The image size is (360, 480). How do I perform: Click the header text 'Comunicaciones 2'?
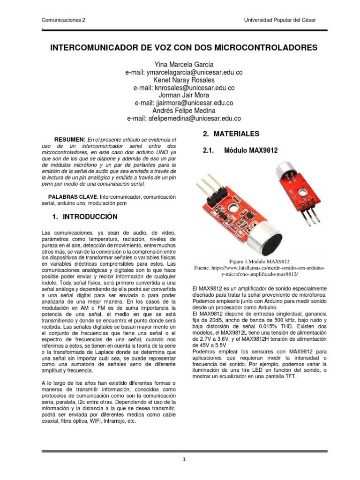pos(63,21)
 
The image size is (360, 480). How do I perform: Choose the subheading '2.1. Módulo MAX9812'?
pos(240,150)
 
